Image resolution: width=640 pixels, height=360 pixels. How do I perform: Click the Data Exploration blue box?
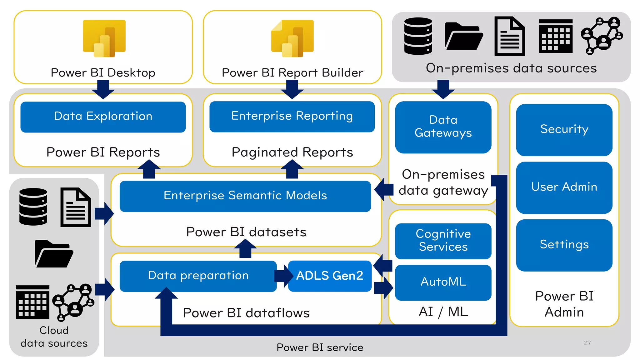103,117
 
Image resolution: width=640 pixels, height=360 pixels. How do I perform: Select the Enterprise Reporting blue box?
292,116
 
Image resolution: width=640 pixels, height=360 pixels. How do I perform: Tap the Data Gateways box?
443,127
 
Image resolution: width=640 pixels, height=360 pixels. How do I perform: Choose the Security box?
564,130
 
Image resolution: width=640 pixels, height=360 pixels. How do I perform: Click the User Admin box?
564,187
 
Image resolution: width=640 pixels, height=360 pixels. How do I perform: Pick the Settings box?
564,245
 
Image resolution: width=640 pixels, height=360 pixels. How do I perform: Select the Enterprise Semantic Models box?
245,196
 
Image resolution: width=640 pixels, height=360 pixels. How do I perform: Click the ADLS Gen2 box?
330,276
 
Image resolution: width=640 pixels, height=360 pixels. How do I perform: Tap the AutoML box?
443,282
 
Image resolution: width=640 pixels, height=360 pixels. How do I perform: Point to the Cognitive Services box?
443,241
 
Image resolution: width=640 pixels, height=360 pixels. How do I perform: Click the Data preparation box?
198,276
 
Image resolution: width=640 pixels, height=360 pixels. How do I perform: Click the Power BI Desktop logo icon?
104,38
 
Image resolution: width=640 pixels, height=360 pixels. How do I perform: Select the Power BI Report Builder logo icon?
292,38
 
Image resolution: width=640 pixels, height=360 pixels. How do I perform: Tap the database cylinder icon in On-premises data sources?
418,36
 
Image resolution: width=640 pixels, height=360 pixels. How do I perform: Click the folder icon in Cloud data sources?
54,253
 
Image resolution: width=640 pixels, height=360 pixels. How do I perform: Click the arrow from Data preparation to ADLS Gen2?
283,276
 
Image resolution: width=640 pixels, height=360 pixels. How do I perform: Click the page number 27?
587,343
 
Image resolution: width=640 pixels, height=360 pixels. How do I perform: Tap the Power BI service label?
320,347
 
